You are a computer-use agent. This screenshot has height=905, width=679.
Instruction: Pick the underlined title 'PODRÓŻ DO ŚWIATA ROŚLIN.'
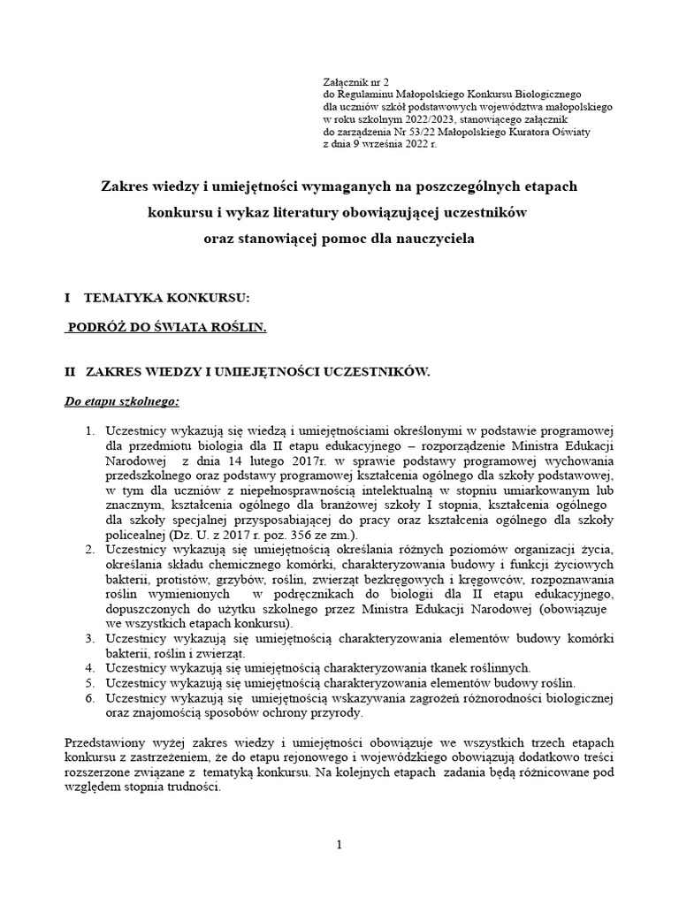tap(167, 327)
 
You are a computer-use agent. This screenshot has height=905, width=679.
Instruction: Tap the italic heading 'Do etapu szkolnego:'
tap(122, 402)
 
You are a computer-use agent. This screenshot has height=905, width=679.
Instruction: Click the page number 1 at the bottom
tap(339, 846)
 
